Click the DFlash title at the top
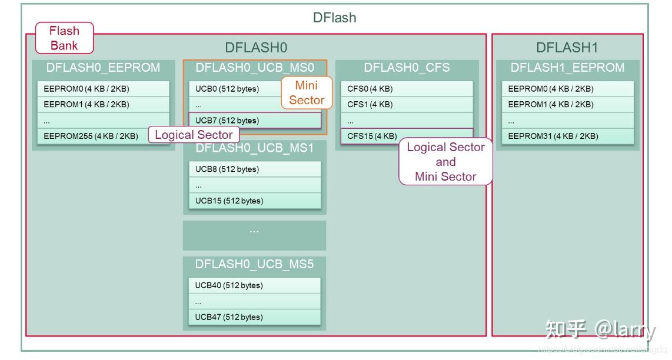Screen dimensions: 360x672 tap(334, 18)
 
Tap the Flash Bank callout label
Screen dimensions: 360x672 tap(64, 38)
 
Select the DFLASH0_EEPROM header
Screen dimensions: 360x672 tap(103, 68)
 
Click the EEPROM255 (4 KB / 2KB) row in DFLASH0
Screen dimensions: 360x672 tap(91, 136)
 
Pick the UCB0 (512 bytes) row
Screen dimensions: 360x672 tap(235, 89)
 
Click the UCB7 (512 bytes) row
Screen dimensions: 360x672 tap(254, 121)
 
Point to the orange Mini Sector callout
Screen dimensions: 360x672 tap(307, 93)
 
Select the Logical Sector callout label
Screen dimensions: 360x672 tap(194, 135)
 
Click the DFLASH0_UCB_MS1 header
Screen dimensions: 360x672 tap(254, 148)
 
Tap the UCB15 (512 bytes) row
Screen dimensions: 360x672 tap(254, 201)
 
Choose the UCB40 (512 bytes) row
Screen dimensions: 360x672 tap(254, 285)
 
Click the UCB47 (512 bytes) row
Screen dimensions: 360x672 tap(254, 317)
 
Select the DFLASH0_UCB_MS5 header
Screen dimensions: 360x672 tap(254, 264)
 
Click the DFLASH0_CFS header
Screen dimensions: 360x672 tap(407, 68)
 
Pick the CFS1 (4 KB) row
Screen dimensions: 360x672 tap(407, 104)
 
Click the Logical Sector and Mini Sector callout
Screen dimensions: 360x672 tap(445, 162)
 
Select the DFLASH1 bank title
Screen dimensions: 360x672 tap(567, 48)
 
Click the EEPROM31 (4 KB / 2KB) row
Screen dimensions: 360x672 tap(567, 136)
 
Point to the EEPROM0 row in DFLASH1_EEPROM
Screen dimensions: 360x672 tap(567, 89)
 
